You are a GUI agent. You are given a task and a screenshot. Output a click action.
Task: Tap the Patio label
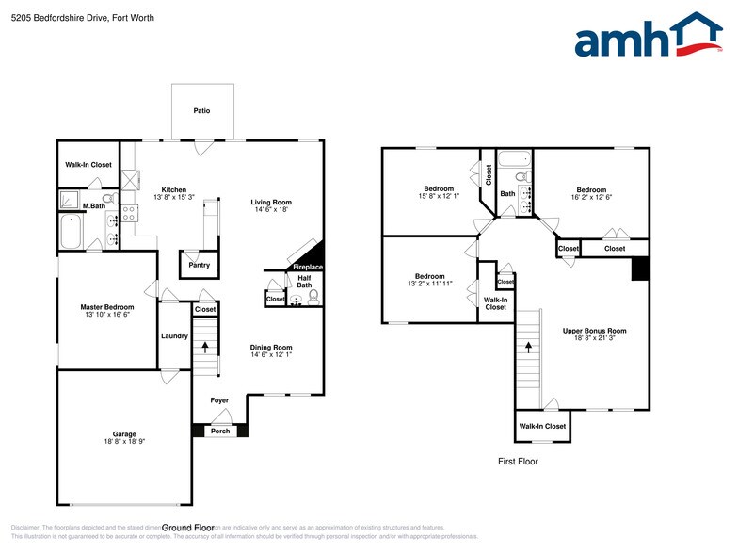(201, 111)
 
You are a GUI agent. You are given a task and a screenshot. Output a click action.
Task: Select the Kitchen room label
(173, 189)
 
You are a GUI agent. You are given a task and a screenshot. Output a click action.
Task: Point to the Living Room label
(270, 202)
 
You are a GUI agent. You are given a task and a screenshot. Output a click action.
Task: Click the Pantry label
(199, 265)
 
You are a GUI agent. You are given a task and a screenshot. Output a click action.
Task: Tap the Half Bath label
(304, 281)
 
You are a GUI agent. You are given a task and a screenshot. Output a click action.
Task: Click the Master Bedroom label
(106, 307)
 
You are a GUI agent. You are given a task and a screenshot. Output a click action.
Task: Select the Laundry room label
(174, 335)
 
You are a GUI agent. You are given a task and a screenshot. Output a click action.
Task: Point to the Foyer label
(219, 400)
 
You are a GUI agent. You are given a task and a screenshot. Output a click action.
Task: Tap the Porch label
(218, 431)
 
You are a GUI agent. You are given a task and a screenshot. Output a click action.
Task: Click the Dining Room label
(270, 348)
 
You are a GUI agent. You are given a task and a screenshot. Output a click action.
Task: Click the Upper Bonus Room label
(594, 331)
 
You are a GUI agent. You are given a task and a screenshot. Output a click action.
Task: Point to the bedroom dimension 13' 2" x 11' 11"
(430, 284)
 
